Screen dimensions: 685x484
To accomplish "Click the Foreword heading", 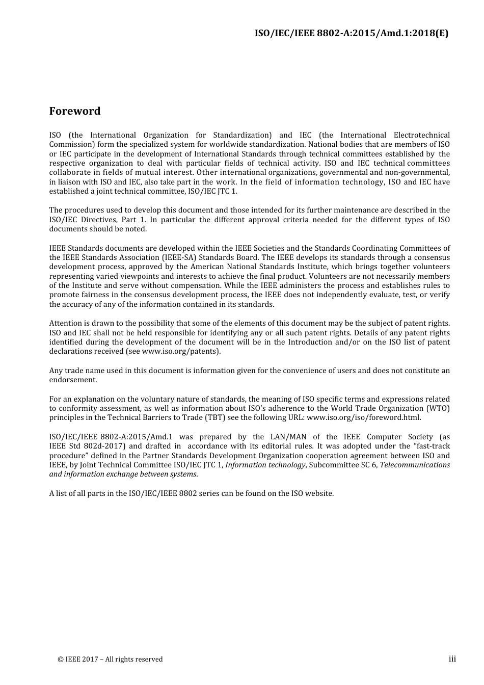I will (75, 111).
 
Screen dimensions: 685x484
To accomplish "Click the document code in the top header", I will (351, 34).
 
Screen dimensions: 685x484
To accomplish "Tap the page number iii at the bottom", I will (452, 659).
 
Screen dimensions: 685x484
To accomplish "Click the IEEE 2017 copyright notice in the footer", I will (110, 659).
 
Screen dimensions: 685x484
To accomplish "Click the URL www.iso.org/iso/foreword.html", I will (363, 417).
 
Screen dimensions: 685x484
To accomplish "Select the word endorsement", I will (73, 380).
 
